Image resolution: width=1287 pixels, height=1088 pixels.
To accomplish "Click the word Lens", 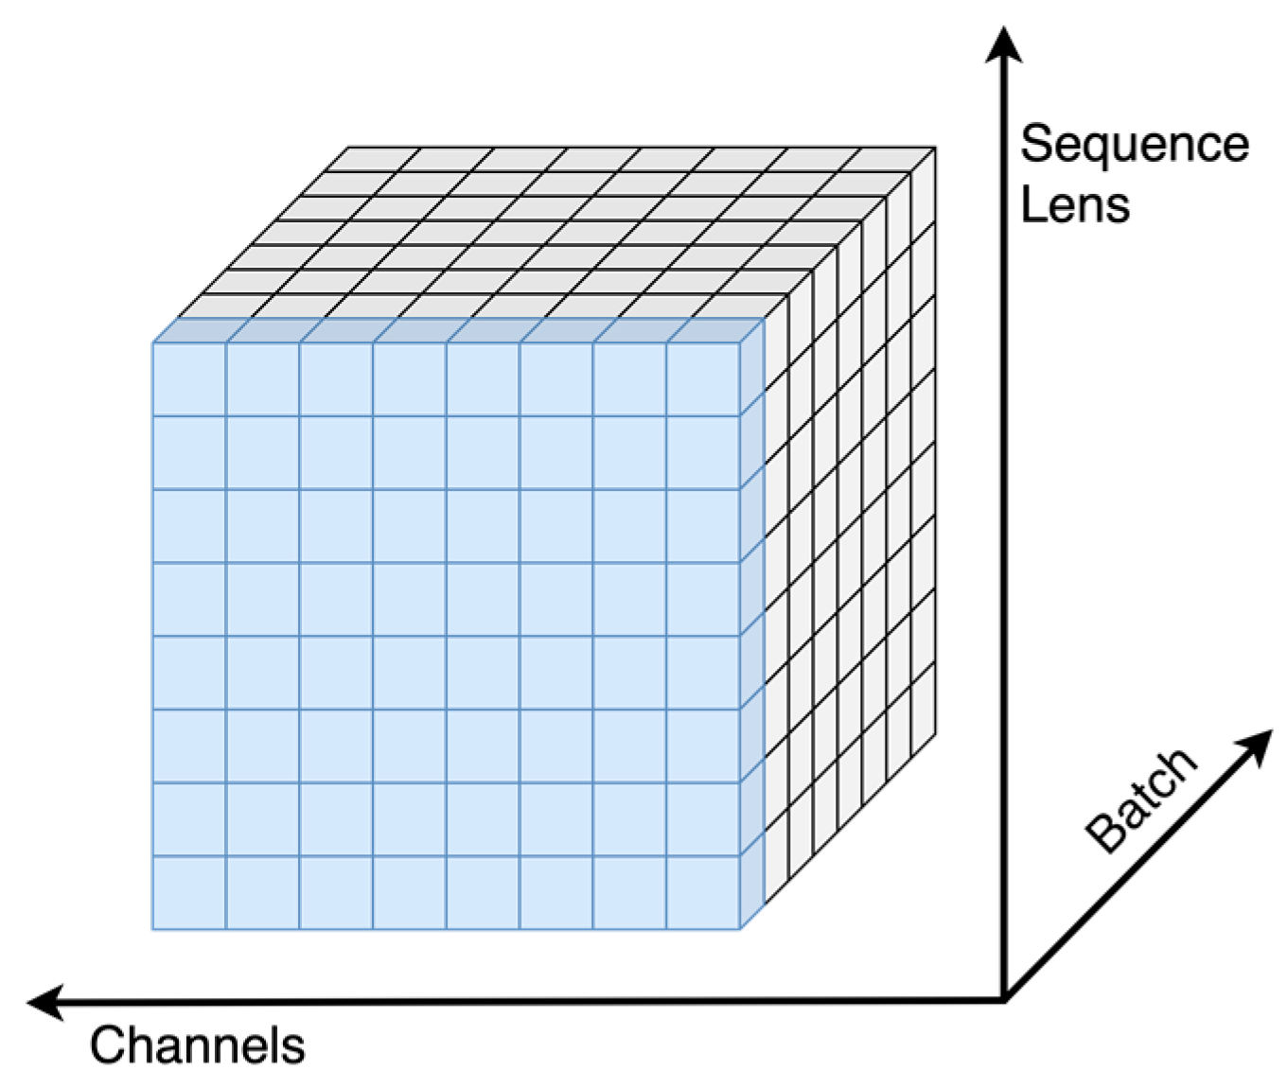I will [x=1075, y=204].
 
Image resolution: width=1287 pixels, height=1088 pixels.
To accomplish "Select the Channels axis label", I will [x=198, y=1046].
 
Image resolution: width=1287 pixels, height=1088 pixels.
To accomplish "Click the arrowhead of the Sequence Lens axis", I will [x=1004, y=44].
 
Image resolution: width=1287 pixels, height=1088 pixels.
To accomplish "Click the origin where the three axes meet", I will [x=1004, y=999].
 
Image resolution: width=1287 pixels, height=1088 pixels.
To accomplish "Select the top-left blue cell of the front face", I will [x=189, y=378].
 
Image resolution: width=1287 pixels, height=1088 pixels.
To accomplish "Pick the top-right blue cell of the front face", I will [x=703, y=378].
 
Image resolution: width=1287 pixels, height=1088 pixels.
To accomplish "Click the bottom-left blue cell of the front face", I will [x=189, y=892].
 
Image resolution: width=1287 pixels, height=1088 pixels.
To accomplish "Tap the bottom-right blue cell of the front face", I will [x=703, y=892].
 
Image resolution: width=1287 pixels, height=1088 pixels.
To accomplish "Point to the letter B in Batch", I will [x=1104, y=834].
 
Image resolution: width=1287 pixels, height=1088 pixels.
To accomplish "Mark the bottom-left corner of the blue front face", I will [x=152, y=929].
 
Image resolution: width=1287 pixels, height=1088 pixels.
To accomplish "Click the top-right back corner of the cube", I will [x=935, y=148].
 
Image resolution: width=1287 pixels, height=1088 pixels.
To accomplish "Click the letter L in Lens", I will [x=1032, y=204].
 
